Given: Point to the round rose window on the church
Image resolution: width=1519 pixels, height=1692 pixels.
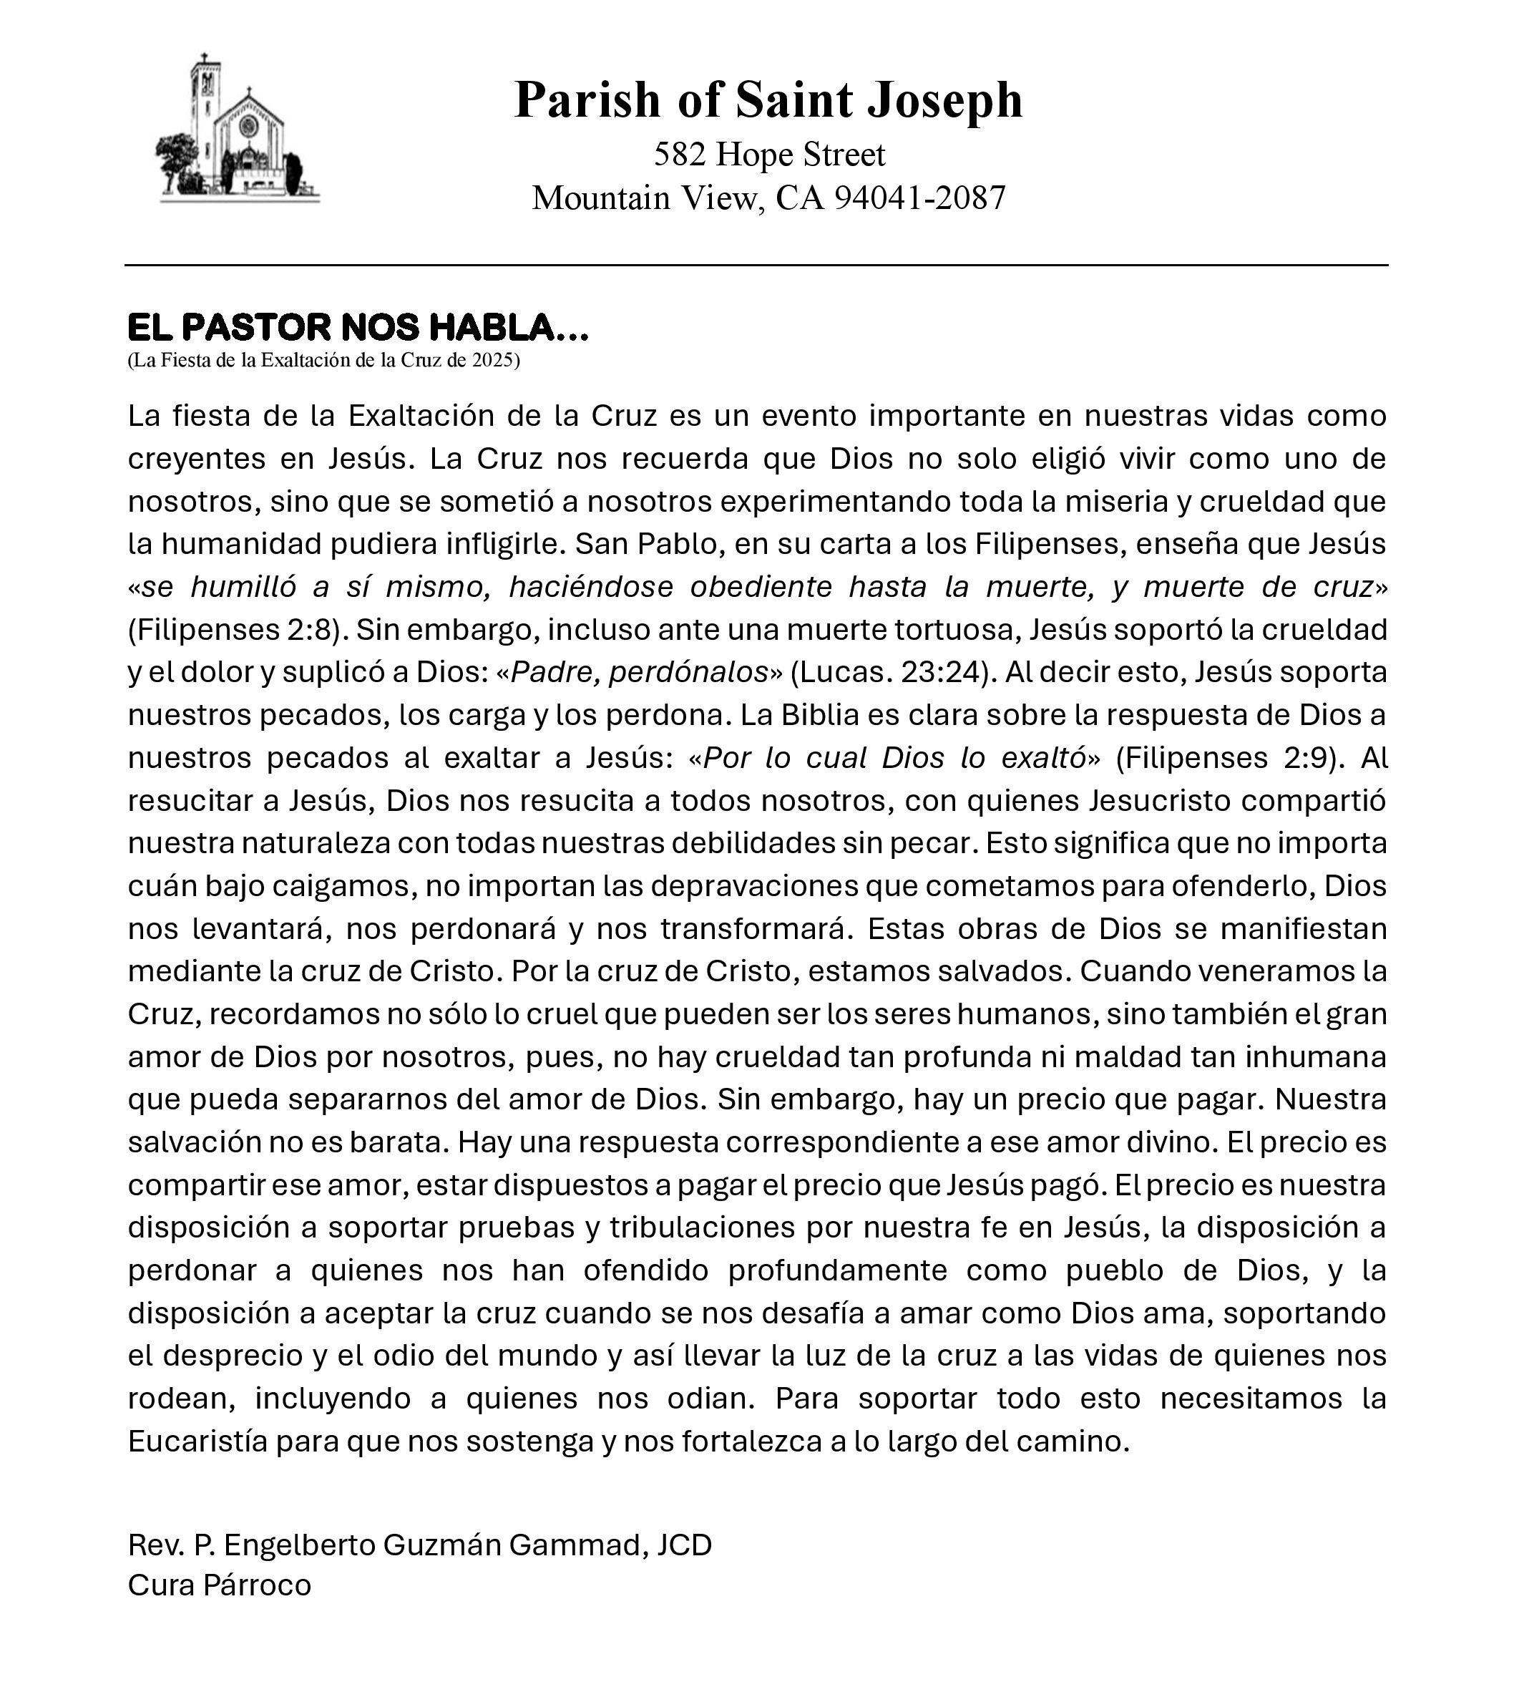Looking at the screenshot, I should (x=248, y=126).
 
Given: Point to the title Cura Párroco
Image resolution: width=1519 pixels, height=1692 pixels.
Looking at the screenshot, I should (x=220, y=1585).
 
